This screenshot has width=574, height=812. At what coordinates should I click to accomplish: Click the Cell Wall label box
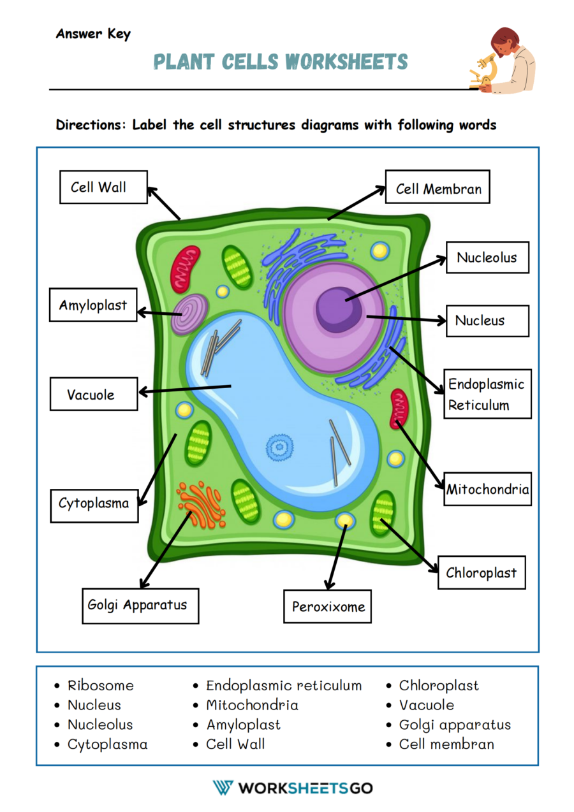pos(103,187)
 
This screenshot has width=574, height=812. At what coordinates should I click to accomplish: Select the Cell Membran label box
pos(438,187)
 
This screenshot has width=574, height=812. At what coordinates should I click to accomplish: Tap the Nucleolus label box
pos(487,257)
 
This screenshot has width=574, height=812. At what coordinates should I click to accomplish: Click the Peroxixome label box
pos(327,606)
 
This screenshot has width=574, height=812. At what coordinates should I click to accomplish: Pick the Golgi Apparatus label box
pos(140,605)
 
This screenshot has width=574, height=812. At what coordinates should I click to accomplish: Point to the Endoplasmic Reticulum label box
pos(487,395)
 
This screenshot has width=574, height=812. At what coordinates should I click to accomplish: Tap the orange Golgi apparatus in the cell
pos(201,504)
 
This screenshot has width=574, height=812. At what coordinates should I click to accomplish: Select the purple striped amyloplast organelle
pos(190,314)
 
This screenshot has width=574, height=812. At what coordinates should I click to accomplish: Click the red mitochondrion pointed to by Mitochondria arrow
pos(399,409)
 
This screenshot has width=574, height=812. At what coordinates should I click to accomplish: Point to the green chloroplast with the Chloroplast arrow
pos(383,512)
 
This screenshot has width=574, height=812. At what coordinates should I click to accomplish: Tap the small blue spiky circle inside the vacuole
pos(279,447)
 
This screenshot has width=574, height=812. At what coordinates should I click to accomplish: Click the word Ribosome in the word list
pos(101,686)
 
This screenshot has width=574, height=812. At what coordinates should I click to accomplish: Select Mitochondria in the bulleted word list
pos(252,705)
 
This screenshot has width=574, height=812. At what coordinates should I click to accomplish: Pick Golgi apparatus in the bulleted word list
pos(455,725)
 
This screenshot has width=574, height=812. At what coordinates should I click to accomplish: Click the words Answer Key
pos(93,34)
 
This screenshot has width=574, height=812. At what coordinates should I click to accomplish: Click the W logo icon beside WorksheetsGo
pos(223,788)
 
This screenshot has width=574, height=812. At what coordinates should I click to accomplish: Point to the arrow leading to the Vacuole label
pos(185,389)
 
